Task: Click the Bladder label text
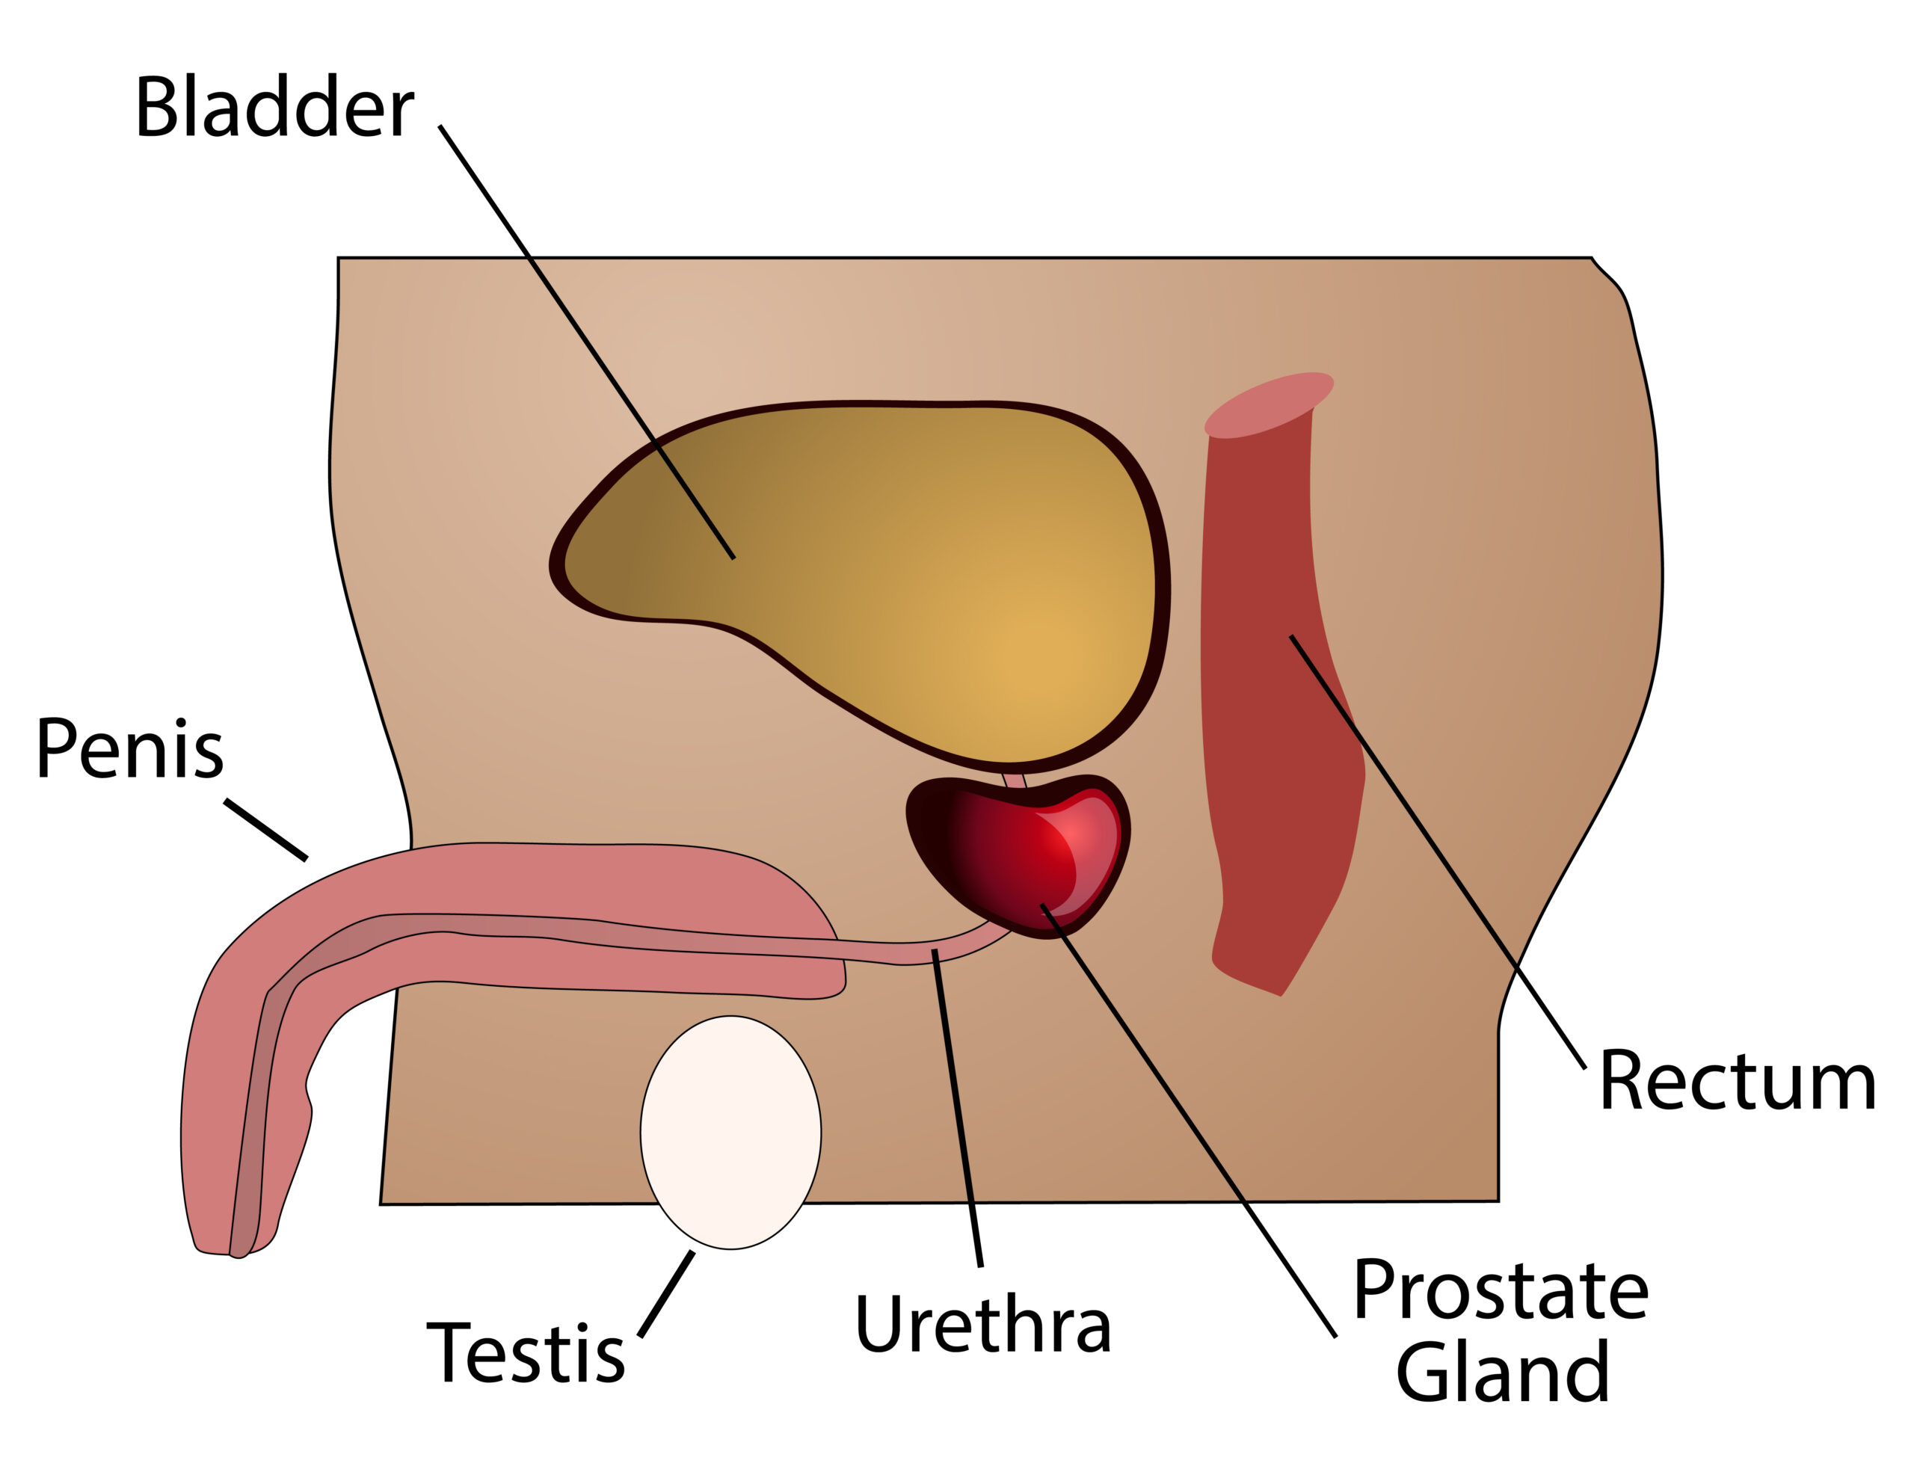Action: tap(274, 108)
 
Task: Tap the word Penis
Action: tap(129, 749)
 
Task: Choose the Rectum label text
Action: tap(1737, 1083)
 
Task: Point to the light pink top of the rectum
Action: tap(1268, 404)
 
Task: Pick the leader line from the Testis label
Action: tap(666, 1295)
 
